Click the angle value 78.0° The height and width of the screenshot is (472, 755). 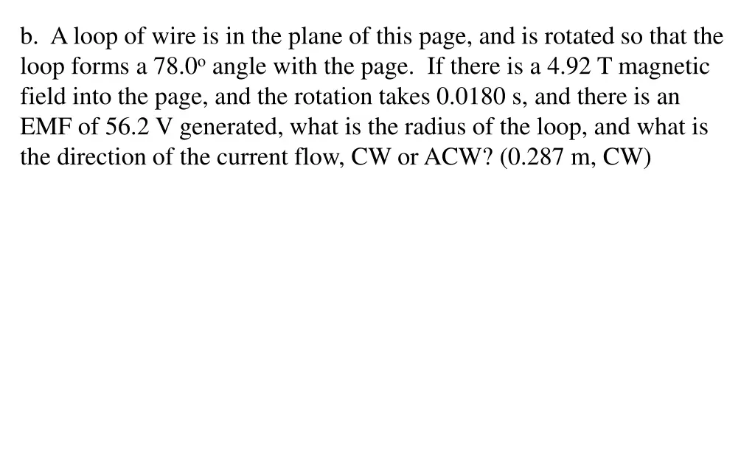click(x=178, y=68)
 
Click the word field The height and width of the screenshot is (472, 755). click(x=42, y=97)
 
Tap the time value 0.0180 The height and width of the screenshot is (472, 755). click(x=467, y=97)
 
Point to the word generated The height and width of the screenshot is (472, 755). click(x=230, y=128)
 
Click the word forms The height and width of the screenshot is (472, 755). click(x=100, y=68)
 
